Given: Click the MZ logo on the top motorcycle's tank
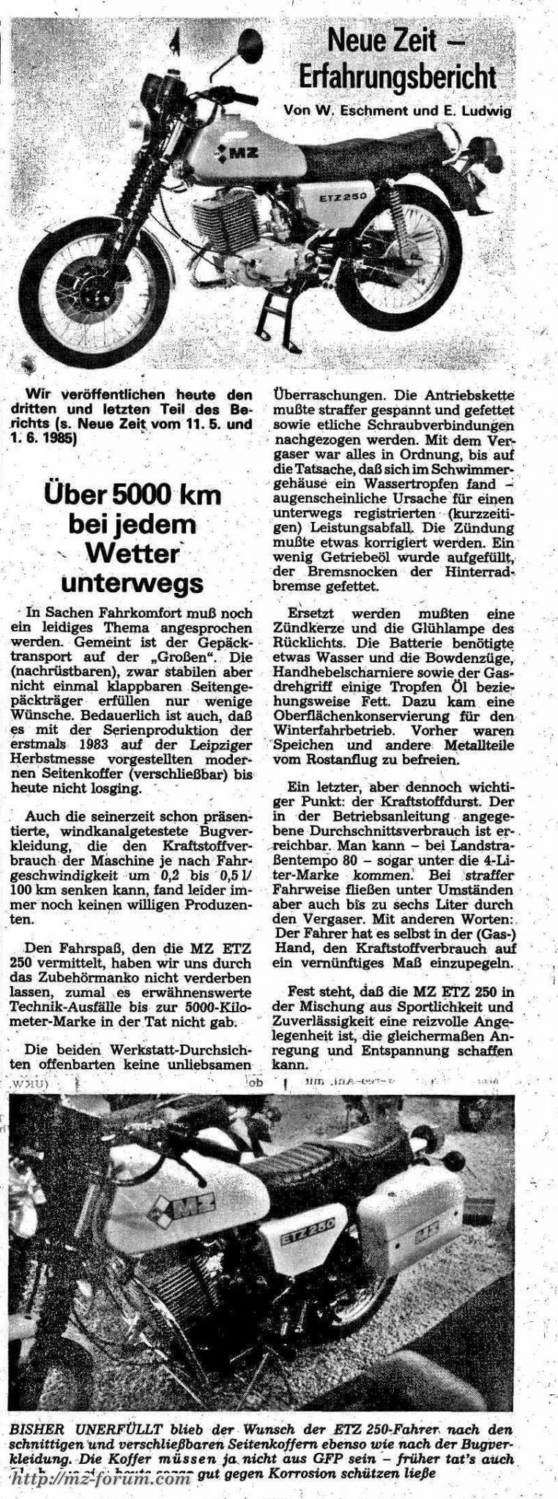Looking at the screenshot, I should [234, 154].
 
